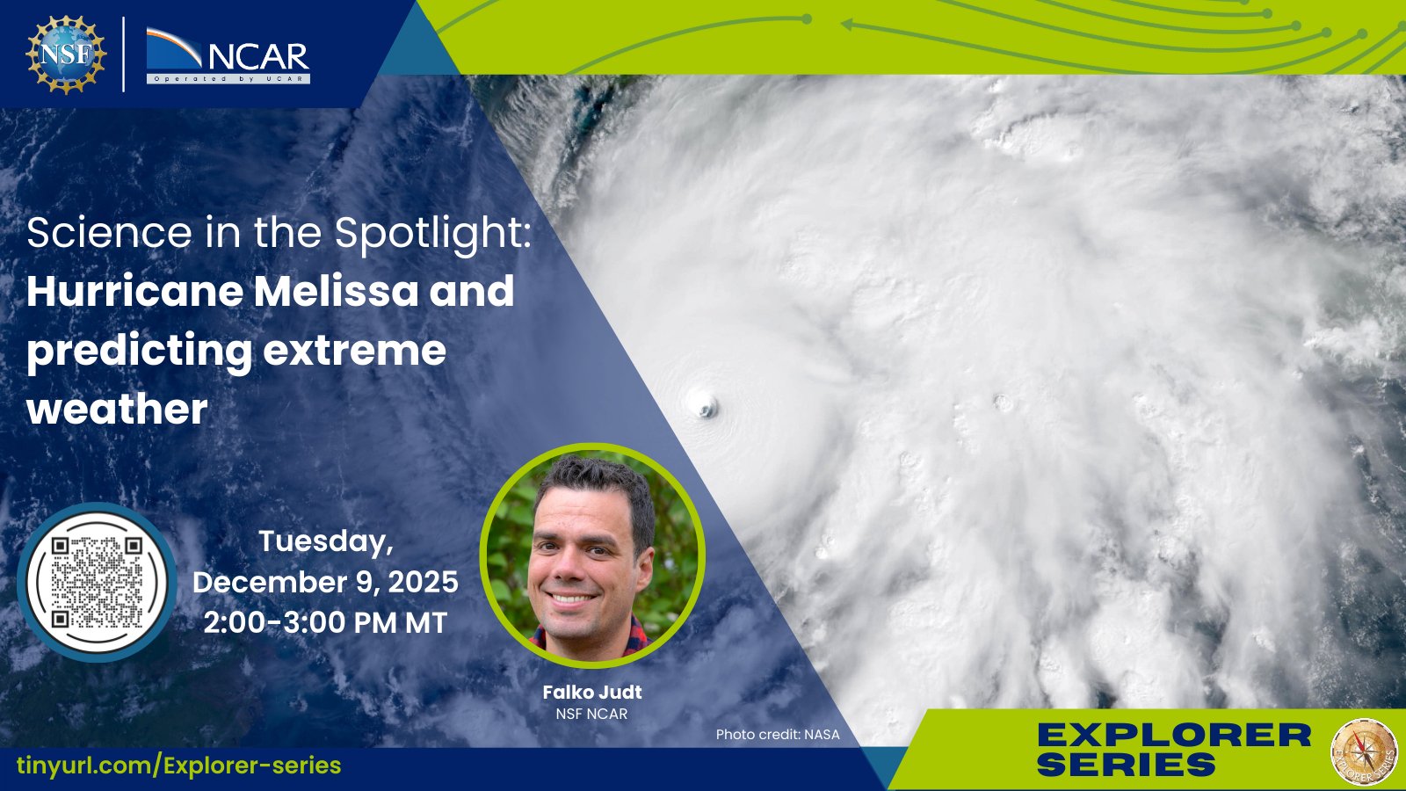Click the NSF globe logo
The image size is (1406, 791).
pyautogui.click(x=66, y=54)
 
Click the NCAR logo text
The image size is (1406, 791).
pyautogui.click(x=258, y=57)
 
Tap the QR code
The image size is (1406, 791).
pyautogui.click(x=97, y=582)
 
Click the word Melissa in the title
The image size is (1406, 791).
pyautogui.click(x=336, y=291)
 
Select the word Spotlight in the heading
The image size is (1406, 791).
pyautogui.click(x=433, y=234)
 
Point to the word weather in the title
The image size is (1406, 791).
pyautogui.click(x=117, y=410)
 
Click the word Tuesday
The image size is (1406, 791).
pyautogui.click(x=326, y=541)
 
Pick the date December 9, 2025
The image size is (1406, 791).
pyautogui.click(x=325, y=582)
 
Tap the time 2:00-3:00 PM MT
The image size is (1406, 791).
pyautogui.click(x=325, y=623)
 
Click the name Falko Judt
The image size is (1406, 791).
pyautogui.click(x=592, y=692)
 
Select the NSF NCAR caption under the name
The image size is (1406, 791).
pyautogui.click(x=591, y=714)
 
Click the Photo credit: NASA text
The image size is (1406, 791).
pyautogui.click(x=778, y=734)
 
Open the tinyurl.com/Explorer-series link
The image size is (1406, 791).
pyautogui.click(x=179, y=766)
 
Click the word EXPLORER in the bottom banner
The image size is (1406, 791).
pyautogui.click(x=1174, y=735)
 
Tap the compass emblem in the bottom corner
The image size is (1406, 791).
pyautogui.click(x=1364, y=751)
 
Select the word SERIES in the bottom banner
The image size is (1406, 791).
pyautogui.click(x=1127, y=765)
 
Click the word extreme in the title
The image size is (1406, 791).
pyautogui.click(x=355, y=351)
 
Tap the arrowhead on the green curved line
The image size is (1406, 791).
pyautogui.click(x=847, y=25)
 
